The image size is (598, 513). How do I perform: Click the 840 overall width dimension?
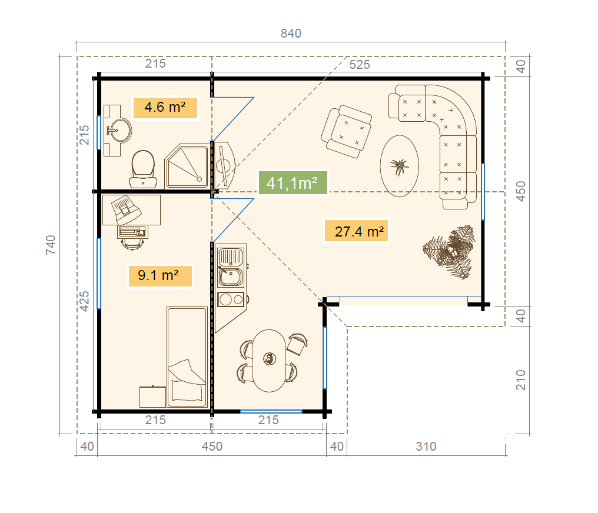tap(291, 34)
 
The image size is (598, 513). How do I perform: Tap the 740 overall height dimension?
tap(51, 245)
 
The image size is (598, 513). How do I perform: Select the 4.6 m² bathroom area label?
tap(165, 108)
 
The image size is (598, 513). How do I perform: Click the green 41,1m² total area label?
tap(293, 183)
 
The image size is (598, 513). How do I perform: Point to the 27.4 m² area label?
tap(356, 231)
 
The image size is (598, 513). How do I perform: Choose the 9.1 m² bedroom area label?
tap(160, 275)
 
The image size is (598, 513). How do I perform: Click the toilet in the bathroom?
tap(143, 169)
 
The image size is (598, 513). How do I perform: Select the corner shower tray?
tap(187, 166)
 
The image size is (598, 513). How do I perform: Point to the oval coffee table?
tap(399, 166)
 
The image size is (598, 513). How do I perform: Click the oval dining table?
tap(269, 361)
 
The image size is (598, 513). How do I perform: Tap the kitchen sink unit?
tap(230, 267)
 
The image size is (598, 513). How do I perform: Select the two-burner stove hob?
tap(231, 299)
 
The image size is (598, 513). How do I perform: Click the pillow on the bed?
tap(187, 391)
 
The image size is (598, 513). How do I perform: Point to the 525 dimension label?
tap(360, 64)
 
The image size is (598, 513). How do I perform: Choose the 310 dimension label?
tap(426, 447)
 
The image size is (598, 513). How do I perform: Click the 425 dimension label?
tap(84, 301)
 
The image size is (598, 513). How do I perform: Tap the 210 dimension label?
tap(520, 380)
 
